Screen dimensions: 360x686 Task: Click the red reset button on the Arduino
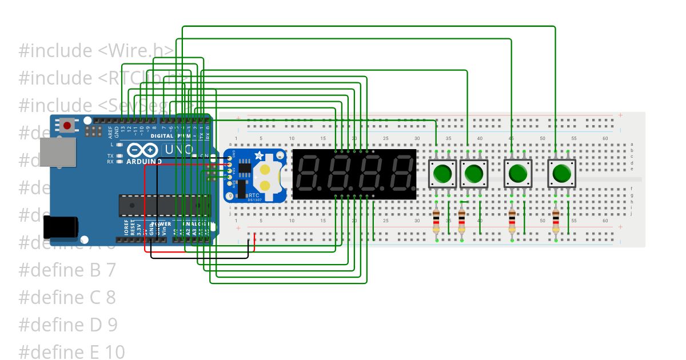click(69, 125)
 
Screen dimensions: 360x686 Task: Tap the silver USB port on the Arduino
click(57, 153)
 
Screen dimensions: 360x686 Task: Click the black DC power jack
click(59, 227)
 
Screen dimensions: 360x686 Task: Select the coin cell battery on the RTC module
click(266, 176)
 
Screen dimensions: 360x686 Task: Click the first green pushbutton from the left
click(442, 173)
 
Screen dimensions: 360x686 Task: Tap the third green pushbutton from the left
click(517, 173)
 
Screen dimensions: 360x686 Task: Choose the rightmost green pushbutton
click(561, 173)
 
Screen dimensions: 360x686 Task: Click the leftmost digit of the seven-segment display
click(309, 174)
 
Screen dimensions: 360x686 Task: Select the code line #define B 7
click(67, 270)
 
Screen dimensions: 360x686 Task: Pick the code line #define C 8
click(67, 297)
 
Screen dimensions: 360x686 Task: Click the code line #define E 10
click(71, 351)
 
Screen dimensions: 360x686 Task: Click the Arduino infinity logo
click(143, 150)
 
